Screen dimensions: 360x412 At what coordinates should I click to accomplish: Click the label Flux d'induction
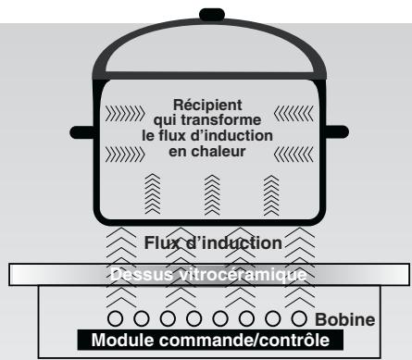pos(213,243)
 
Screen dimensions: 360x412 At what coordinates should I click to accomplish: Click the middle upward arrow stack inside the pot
pos(206,192)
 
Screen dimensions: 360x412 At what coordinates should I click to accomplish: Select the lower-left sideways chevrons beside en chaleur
pos(128,150)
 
